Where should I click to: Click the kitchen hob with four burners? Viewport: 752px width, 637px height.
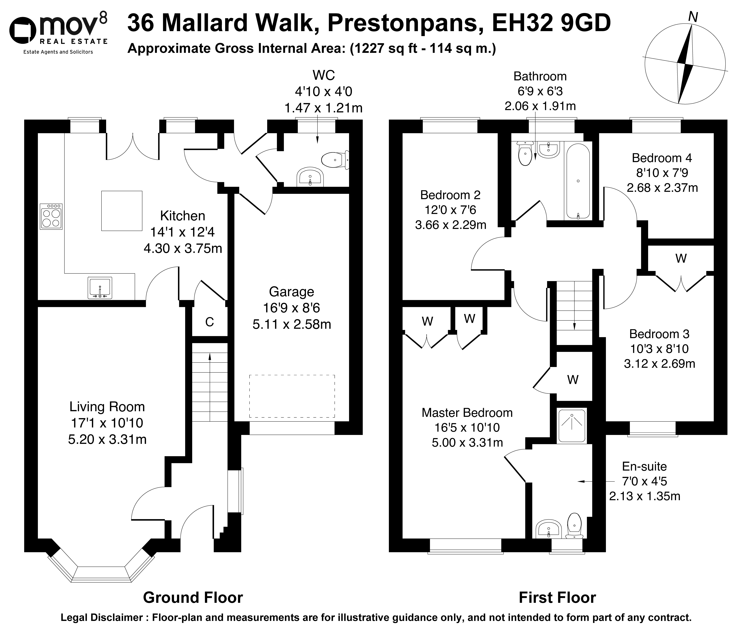click(x=51, y=216)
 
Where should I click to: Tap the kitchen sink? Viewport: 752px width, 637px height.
click(x=100, y=288)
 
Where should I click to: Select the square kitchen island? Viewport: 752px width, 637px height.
click(x=122, y=211)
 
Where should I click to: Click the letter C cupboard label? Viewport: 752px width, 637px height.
click(x=210, y=322)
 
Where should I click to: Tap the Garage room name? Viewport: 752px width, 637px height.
click(x=291, y=291)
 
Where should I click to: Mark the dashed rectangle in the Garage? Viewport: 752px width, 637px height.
click(x=292, y=396)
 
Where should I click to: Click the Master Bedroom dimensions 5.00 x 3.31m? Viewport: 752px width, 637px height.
click(x=467, y=442)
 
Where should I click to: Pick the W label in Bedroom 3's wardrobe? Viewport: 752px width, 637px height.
click(x=681, y=258)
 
